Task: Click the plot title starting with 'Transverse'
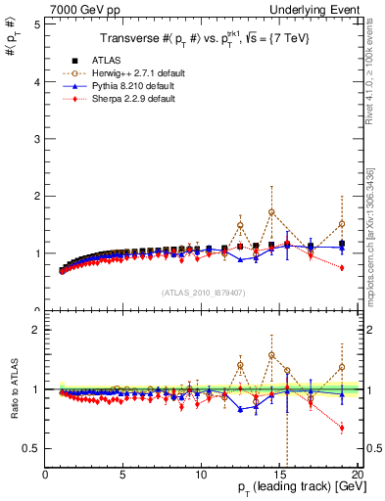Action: tap(203, 38)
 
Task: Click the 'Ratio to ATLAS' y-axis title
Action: tap(13, 385)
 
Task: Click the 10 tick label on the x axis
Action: tap(201, 475)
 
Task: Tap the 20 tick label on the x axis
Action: tap(357, 475)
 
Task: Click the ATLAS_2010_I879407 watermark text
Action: tap(202, 291)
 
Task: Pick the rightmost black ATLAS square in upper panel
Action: tap(342, 245)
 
